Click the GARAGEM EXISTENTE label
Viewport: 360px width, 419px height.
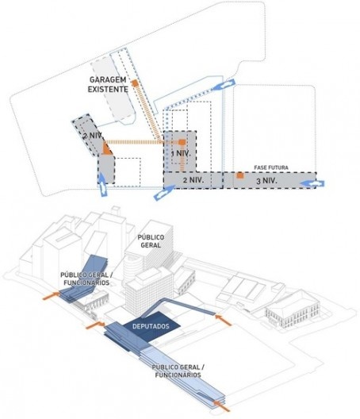108,84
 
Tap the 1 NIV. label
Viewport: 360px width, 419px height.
181,154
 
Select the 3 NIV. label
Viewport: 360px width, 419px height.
266,181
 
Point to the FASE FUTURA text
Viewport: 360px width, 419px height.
271,167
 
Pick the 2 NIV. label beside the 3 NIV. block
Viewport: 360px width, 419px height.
193,180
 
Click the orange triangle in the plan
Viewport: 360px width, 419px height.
107,149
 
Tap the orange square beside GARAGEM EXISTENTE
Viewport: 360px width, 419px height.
135,83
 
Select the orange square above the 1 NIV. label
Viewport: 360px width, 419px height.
182,142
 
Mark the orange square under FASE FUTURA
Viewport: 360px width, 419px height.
240,175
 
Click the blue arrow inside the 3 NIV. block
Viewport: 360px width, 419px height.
312,183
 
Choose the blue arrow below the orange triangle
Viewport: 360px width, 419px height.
103,184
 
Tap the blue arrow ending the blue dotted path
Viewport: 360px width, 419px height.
224,86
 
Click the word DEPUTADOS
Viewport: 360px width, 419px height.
151,326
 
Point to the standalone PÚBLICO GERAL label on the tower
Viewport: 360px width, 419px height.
151,241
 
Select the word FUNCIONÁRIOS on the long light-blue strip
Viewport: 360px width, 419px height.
178,375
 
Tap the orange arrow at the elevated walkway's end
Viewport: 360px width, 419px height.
224,320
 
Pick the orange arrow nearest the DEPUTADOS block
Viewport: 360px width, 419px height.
95,325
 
